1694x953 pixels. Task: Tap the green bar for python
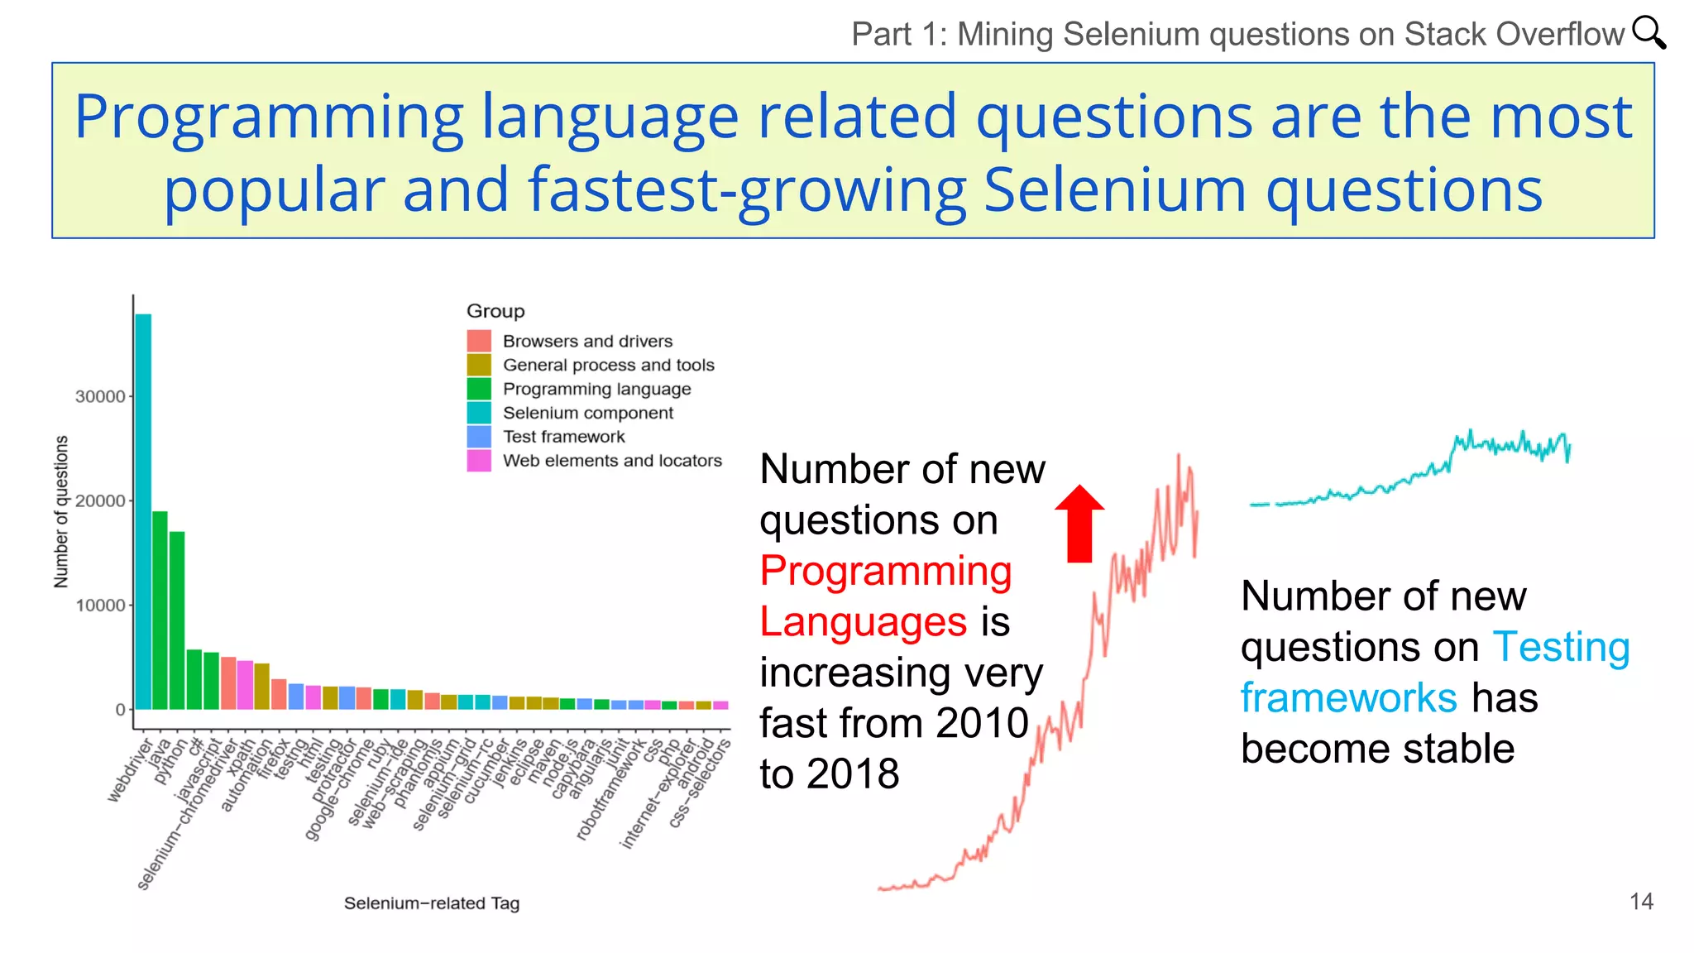(177, 620)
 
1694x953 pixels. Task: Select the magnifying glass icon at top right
(1649, 33)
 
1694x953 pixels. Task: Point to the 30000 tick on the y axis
(100, 397)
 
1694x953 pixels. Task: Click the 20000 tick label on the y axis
(100, 501)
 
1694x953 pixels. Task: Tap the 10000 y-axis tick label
(100, 606)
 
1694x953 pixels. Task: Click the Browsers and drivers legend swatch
(479, 341)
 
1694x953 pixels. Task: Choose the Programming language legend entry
(596, 389)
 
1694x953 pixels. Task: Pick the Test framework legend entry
(563, 437)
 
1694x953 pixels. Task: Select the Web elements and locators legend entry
(612, 461)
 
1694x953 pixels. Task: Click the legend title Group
(495, 311)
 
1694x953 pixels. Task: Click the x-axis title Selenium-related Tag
(432, 903)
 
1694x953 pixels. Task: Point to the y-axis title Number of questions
(60, 512)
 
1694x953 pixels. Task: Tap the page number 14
(1641, 902)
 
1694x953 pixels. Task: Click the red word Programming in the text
(885, 571)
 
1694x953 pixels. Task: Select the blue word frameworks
(1348, 698)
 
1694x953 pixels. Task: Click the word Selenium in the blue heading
(1114, 190)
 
